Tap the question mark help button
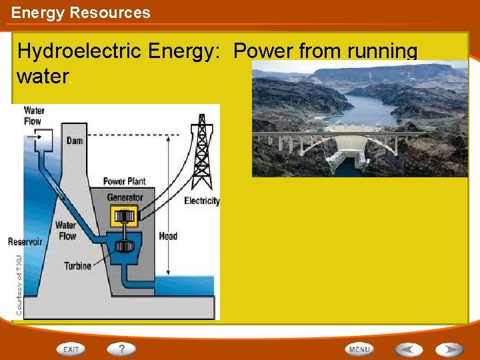click(121, 349)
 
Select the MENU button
click(359, 349)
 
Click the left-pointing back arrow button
click(408, 349)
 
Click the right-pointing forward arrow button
click(449, 349)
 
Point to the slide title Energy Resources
click(81, 12)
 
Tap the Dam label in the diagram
click(75, 141)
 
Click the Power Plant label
click(124, 181)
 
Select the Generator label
click(125, 197)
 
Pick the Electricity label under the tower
click(201, 201)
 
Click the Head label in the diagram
click(168, 236)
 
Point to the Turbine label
click(78, 266)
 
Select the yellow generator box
click(123, 217)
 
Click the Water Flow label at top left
click(33, 115)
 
